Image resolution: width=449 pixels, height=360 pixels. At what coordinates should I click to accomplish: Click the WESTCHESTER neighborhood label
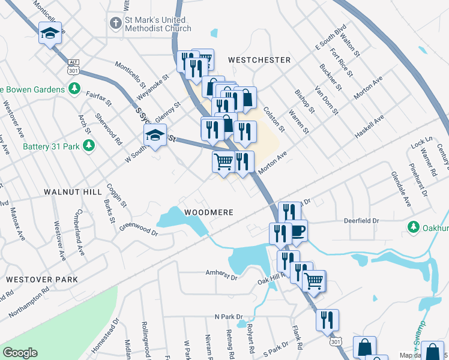[x=259, y=60]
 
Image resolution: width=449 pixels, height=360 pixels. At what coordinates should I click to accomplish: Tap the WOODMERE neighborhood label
[x=208, y=212]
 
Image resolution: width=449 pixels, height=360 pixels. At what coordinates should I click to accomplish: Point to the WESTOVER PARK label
[x=42, y=280]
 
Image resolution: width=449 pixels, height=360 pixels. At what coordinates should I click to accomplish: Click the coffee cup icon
[x=298, y=230]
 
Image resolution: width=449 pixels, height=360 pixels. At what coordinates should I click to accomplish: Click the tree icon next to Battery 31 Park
[x=88, y=146]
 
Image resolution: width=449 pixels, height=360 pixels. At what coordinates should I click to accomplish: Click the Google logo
[x=19, y=353]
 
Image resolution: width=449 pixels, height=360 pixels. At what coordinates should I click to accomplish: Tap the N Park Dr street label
[x=228, y=316]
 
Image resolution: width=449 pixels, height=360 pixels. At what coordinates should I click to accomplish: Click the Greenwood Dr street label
[x=138, y=229]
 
